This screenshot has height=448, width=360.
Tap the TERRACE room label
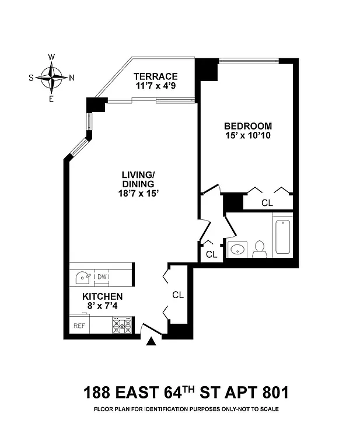155,76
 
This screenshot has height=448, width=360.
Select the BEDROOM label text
248,125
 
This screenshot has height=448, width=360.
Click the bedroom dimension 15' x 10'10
248,135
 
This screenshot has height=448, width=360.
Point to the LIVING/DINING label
138,179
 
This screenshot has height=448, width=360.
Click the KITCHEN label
102,296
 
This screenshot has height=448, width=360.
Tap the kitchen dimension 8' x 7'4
102,306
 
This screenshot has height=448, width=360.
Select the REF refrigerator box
79,325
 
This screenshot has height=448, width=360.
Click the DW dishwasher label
102,276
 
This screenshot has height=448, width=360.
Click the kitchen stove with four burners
123,324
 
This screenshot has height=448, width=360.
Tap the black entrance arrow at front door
151,342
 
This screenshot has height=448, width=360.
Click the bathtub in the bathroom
282,236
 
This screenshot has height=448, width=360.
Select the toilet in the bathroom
259,249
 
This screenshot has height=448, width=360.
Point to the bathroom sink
237,250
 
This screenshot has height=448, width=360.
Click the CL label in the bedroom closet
267,203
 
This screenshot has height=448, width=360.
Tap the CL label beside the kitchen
178,295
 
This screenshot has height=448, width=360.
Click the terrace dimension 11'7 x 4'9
155,87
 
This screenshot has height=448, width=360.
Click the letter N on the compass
71,78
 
